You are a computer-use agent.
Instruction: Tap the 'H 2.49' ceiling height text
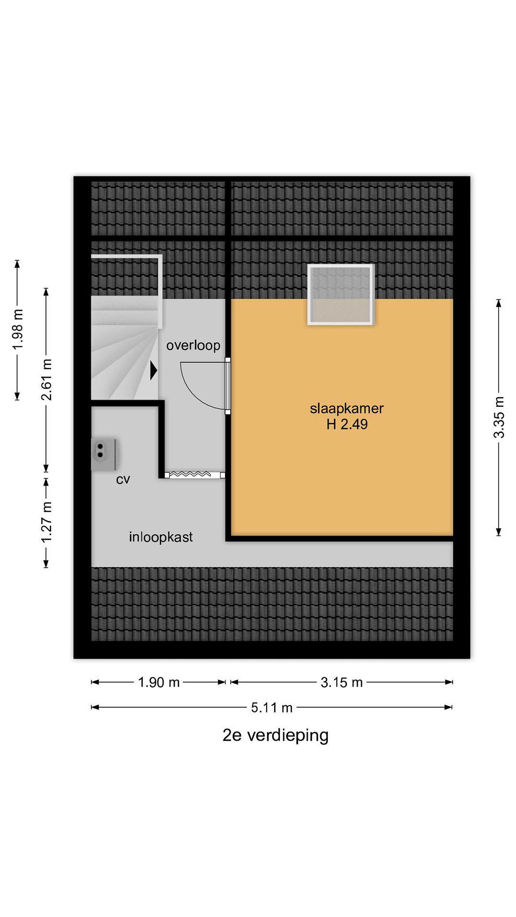[x=347, y=424]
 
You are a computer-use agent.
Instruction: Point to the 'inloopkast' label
[x=161, y=537]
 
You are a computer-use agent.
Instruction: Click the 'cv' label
[x=123, y=480]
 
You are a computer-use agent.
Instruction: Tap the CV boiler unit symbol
[x=105, y=455]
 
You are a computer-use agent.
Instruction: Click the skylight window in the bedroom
[x=341, y=295]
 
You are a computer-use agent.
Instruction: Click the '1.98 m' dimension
[x=18, y=330]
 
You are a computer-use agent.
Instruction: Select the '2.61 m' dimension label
[x=46, y=380]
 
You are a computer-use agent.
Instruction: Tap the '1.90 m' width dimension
[x=159, y=682]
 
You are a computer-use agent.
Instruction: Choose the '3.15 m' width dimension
[x=341, y=682]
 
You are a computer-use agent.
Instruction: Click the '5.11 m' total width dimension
[x=272, y=707]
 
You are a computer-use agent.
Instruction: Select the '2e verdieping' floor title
[x=275, y=736]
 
